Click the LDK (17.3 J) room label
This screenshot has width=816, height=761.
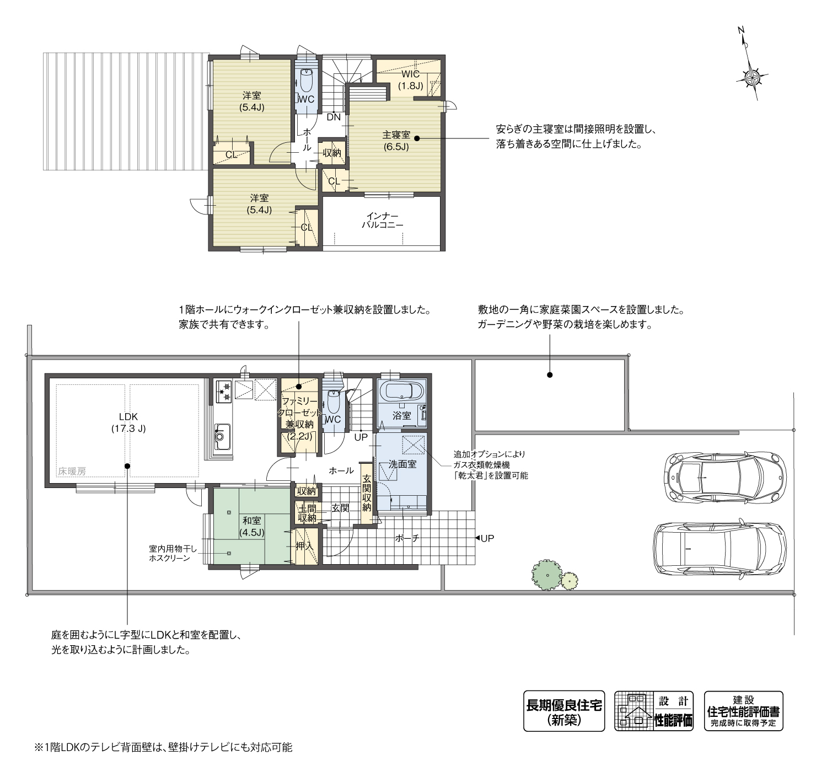click(x=128, y=422)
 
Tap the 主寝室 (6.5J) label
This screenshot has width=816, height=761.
click(x=396, y=141)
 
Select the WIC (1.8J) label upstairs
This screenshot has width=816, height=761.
click(x=411, y=79)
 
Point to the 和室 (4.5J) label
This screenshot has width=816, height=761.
click(x=252, y=526)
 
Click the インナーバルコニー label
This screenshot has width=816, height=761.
click(x=382, y=221)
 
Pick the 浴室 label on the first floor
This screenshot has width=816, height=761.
click(x=401, y=415)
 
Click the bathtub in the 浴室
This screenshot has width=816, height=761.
click(x=404, y=392)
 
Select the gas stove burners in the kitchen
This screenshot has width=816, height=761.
click(x=224, y=389)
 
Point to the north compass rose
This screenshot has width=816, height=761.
click(x=751, y=77)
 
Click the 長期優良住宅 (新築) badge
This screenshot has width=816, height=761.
click(x=563, y=711)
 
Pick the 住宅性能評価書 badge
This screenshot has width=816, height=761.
click(x=743, y=711)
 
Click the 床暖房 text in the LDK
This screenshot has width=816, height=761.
click(x=72, y=471)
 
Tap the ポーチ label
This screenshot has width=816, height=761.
click(x=407, y=538)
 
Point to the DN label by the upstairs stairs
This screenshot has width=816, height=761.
click(x=334, y=117)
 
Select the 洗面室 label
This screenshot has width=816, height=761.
click(x=402, y=464)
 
